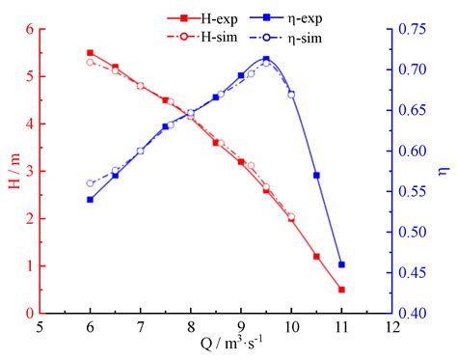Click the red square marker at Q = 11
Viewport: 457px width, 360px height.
pos(341,289)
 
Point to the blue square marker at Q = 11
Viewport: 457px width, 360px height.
pos(341,264)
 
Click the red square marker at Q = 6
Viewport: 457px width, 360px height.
pos(91,53)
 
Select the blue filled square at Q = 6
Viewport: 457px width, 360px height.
pos(91,200)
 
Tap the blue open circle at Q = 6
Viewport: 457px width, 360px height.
pos(91,183)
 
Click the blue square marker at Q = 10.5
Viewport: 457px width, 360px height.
pos(316,175)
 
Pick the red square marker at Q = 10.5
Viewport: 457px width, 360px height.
pos(316,256)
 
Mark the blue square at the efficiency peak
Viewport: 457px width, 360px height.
pos(266,60)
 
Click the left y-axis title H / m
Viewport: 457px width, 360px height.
pos(14,171)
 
